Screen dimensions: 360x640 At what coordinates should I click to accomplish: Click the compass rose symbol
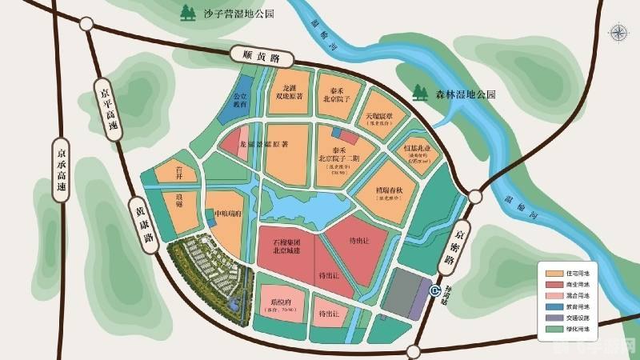click(x=619, y=33)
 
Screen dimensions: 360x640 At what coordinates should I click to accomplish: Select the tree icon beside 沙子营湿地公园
click(x=190, y=13)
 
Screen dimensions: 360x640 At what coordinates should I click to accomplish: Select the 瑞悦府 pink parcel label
click(x=279, y=305)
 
